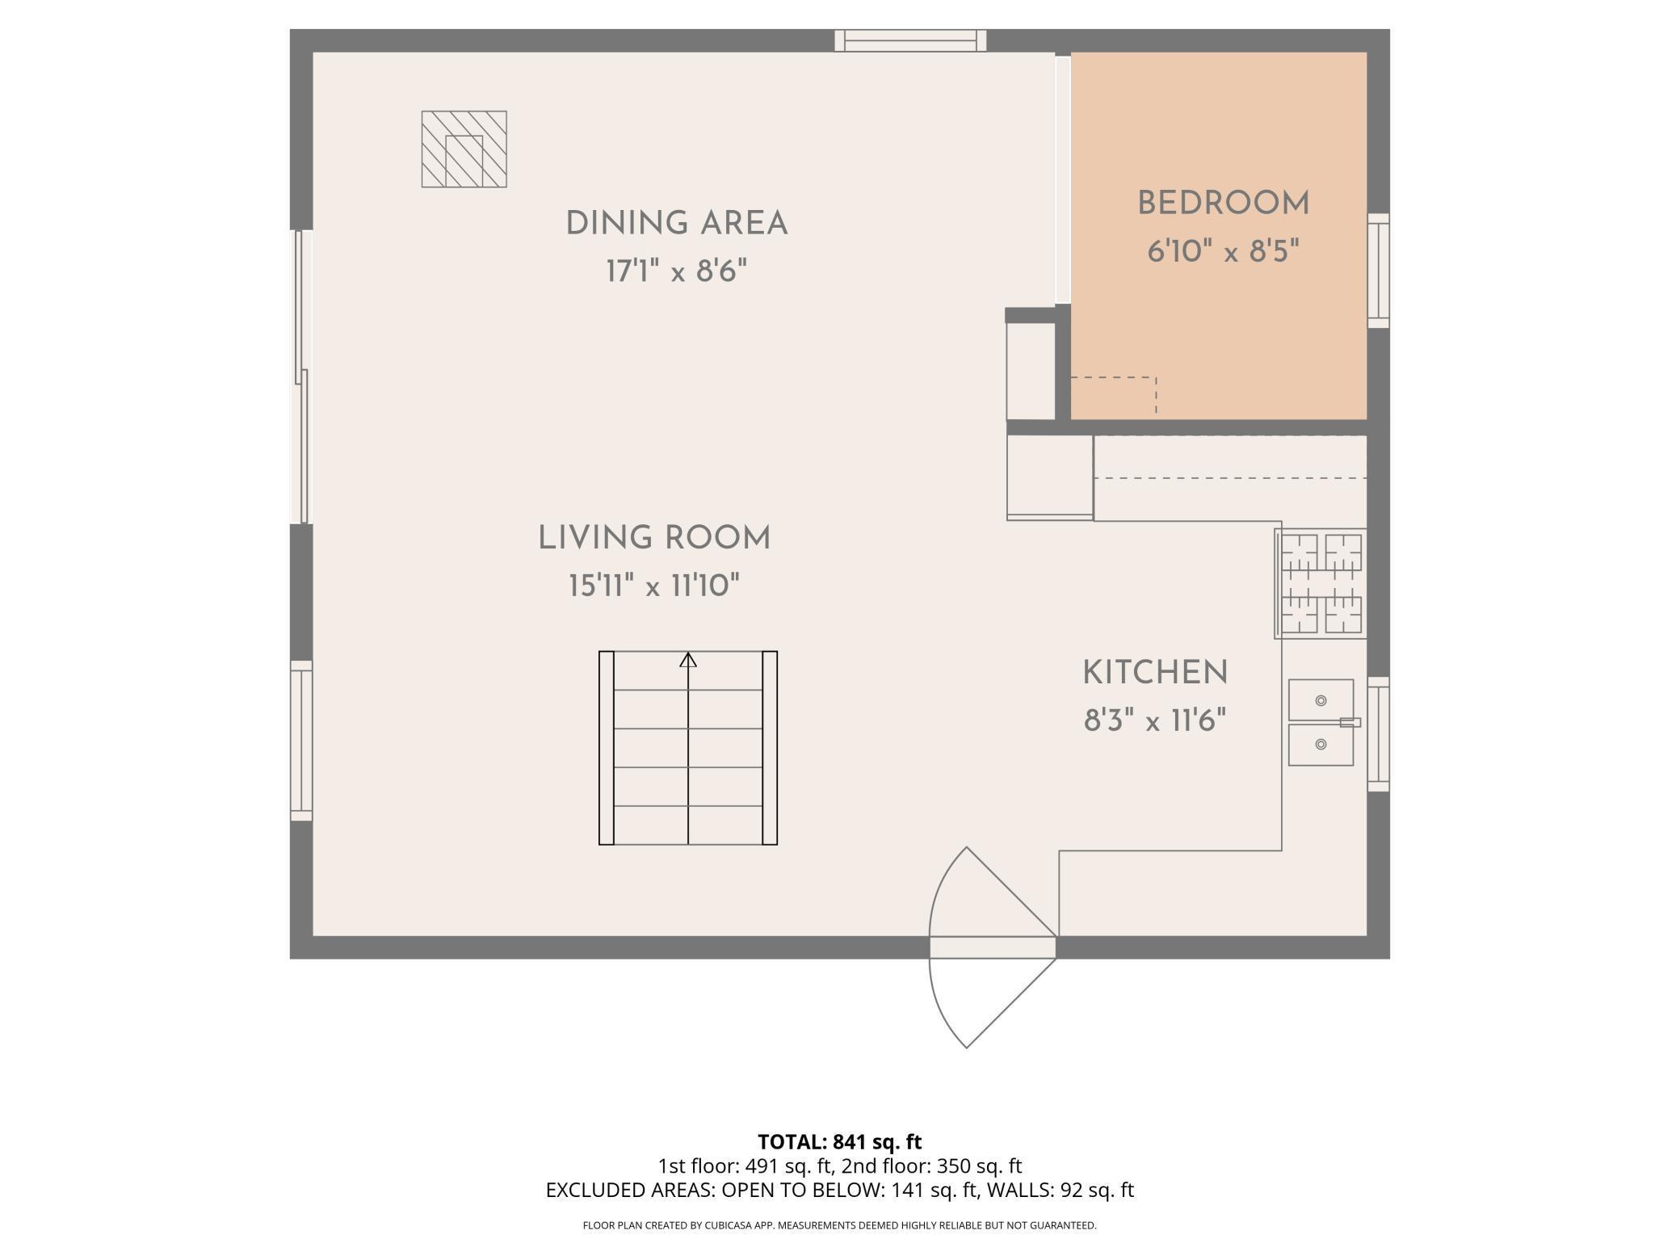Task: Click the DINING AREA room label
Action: click(x=677, y=224)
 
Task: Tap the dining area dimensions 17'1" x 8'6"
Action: click(x=677, y=271)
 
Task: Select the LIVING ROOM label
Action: click(x=654, y=538)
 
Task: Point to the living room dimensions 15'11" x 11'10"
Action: click(x=654, y=585)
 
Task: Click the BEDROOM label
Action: click(x=1223, y=204)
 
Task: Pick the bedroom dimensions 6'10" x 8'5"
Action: click(x=1223, y=252)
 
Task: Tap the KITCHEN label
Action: click(x=1155, y=672)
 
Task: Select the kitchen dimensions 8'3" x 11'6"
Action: click(x=1155, y=720)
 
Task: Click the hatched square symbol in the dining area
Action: click(x=464, y=149)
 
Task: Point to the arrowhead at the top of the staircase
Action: click(x=688, y=660)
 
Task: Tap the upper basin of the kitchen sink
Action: click(x=1321, y=699)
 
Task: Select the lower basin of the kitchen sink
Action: click(x=1321, y=745)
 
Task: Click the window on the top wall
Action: click(x=910, y=40)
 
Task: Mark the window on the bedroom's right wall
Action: click(x=1378, y=271)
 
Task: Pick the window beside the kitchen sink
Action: click(x=1378, y=734)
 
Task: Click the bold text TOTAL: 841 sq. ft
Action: click(x=839, y=1142)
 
